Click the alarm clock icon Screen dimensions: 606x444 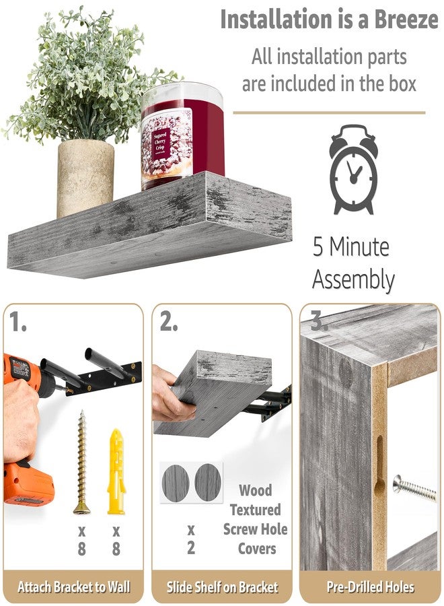point(353,169)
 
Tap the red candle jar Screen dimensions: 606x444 point(182,135)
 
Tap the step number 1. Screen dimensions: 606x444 point(20,324)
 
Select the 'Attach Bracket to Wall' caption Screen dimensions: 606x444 point(74,586)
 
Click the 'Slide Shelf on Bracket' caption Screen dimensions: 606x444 point(222,586)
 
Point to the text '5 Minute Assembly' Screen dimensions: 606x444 point(353,263)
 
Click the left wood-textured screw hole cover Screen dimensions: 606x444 point(176,481)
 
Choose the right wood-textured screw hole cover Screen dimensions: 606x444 point(208,481)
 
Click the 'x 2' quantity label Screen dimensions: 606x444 point(190,538)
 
